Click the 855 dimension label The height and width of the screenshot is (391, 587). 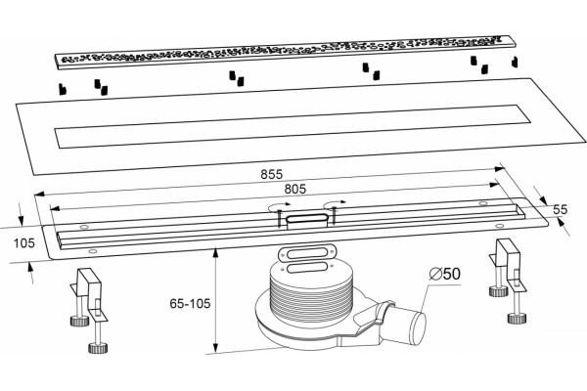(271, 174)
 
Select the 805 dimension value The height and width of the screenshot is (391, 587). (295, 189)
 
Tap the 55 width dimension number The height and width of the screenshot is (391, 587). (560, 209)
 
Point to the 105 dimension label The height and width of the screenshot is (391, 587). (23, 243)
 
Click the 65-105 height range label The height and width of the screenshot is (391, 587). (190, 303)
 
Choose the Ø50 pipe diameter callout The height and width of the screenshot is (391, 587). (445, 274)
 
